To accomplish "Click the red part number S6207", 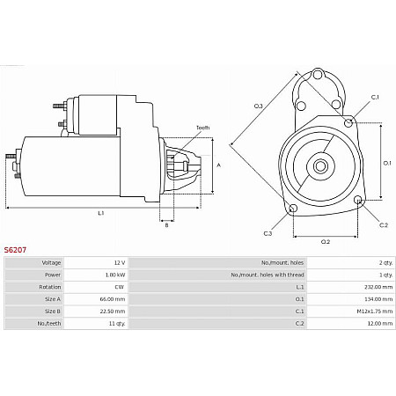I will click(x=15, y=250).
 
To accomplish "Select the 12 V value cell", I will click(x=119, y=262).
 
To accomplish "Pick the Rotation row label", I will click(x=51, y=287).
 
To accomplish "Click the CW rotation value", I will click(x=120, y=287).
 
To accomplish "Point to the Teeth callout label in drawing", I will click(x=202, y=128).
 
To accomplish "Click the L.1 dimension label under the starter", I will click(x=101, y=213).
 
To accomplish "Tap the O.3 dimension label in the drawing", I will click(x=258, y=106).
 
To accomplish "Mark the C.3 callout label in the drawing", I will click(x=268, y=233).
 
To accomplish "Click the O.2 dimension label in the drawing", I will click(x=325, y=241).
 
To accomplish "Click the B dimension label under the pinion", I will click(x=166, y=225).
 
